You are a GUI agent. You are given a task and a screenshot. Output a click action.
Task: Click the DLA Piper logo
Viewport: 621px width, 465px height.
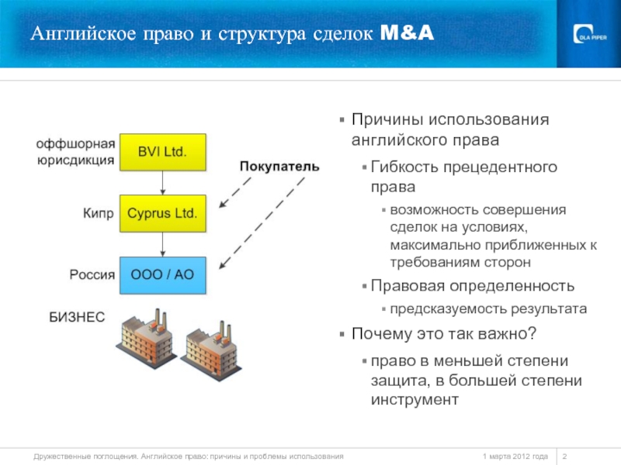(591, 35)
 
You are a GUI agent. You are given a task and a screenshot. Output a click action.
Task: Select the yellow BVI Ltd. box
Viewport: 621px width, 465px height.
(162, 151)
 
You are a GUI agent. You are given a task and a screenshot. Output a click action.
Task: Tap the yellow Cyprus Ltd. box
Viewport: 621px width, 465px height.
(162, 212)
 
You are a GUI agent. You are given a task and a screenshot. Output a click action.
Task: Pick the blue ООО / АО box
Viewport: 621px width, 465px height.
(162, 274)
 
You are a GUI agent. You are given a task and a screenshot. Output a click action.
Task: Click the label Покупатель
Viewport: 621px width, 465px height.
(279, 167)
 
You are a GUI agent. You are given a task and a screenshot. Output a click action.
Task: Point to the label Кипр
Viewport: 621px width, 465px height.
(99, 212)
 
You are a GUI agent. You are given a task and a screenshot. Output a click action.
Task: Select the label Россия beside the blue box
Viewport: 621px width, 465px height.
(92, 274)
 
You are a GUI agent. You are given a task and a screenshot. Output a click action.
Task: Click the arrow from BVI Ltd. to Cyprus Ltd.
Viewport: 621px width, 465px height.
(162, 182)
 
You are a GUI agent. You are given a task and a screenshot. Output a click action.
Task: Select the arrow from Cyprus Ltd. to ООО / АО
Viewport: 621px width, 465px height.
(162, 244)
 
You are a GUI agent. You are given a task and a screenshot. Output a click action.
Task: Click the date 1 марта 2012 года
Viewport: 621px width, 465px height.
(515, 456)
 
